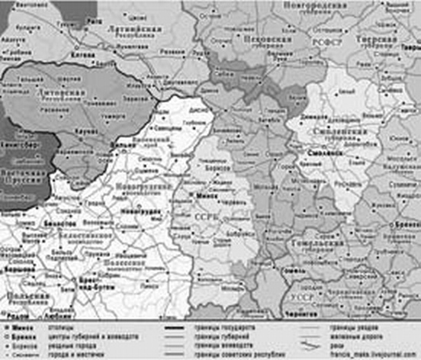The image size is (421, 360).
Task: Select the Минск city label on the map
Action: [x=207, y=195]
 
